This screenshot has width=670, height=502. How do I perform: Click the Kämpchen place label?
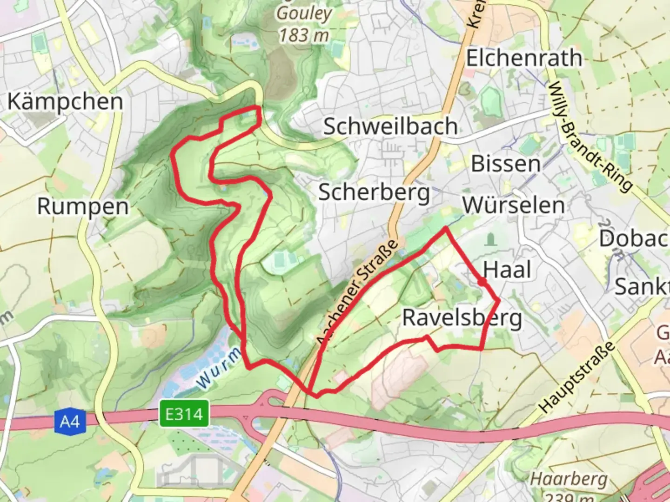pos(65,102)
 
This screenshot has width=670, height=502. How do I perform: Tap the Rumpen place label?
pos(83,206)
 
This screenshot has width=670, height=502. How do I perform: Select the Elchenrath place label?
pos(524,59)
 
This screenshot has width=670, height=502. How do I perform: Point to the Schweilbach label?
pos(390,126)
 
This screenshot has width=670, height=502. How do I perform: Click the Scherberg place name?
pos(374,192)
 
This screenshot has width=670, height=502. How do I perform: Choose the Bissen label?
pos(506,164)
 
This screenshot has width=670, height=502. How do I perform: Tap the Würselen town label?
pos(514,205)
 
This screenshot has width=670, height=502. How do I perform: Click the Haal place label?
pos(507,270)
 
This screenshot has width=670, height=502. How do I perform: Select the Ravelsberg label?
pos(462,318)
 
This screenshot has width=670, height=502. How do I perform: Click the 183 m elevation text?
pos(304,35)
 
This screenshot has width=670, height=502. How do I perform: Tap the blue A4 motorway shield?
pos(70,422)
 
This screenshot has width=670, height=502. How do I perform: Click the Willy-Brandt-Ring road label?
pos(590,137)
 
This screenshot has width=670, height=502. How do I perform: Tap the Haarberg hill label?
pos(569,479)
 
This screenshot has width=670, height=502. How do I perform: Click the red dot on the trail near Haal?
pos(482,282)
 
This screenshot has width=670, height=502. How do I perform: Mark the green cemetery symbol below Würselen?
pos(490,240)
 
